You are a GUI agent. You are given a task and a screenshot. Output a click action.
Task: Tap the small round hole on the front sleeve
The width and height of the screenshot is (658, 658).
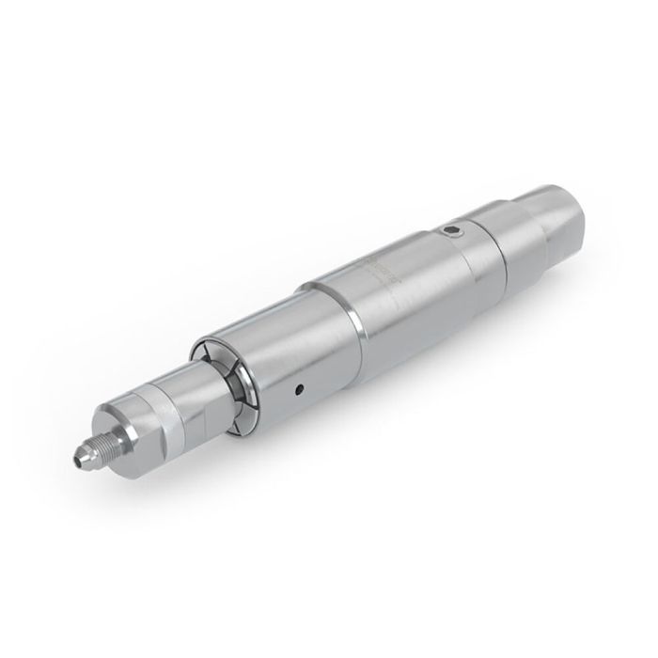(x=299, y=387)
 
